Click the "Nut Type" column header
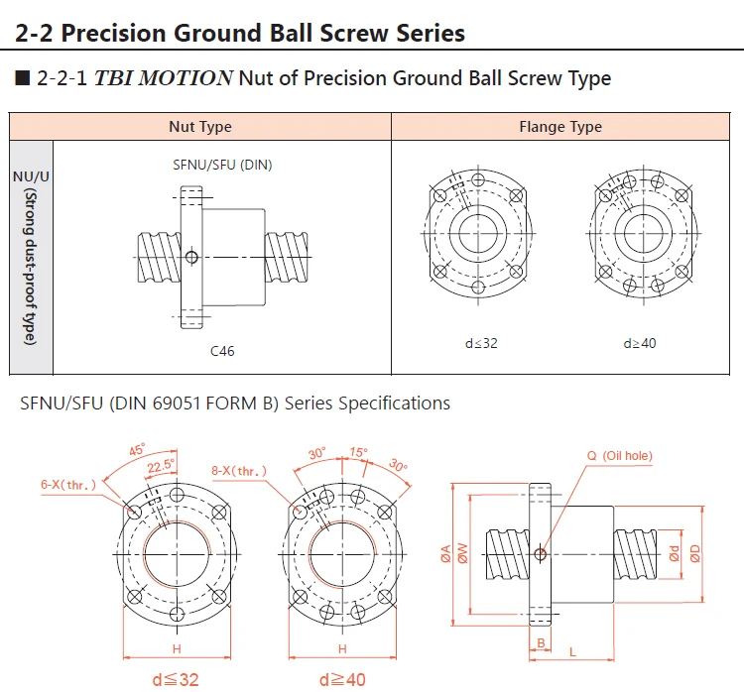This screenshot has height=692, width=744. [200, 127]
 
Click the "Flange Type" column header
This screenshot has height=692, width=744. [560, 127]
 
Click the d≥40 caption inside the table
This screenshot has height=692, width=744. [640, 343]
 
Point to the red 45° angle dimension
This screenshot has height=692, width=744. [137, 449]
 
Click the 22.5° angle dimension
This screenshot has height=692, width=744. [161, 464]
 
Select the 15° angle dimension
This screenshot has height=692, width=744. [358, 452]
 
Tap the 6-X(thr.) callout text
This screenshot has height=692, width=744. [69, 485]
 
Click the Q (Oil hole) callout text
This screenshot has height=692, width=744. [620, 456]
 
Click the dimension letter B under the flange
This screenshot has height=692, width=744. [541, 643]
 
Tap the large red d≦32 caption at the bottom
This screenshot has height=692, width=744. [175, 679]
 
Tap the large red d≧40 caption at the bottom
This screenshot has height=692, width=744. [343, 679]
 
